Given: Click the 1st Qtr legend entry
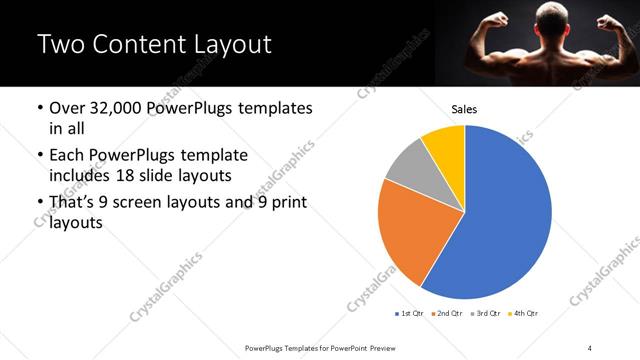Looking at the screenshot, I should pos(411,314).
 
